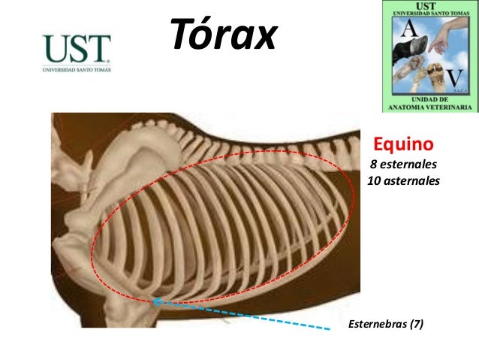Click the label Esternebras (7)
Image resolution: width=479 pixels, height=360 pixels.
tap(385, 324)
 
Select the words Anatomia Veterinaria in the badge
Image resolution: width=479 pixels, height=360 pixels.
tap(429, 107)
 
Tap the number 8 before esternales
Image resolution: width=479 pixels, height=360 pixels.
tap(372, 165)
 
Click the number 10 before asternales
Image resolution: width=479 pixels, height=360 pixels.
tap(372, 181)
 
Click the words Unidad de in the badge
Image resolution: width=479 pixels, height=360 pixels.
tap(429, 99)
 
